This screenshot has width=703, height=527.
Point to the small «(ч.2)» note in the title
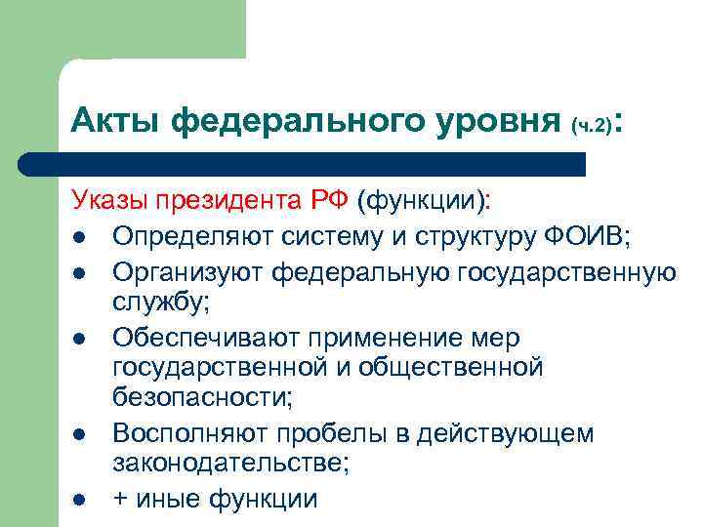click(593, 125)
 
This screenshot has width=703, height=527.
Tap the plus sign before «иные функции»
click(121, 499)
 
